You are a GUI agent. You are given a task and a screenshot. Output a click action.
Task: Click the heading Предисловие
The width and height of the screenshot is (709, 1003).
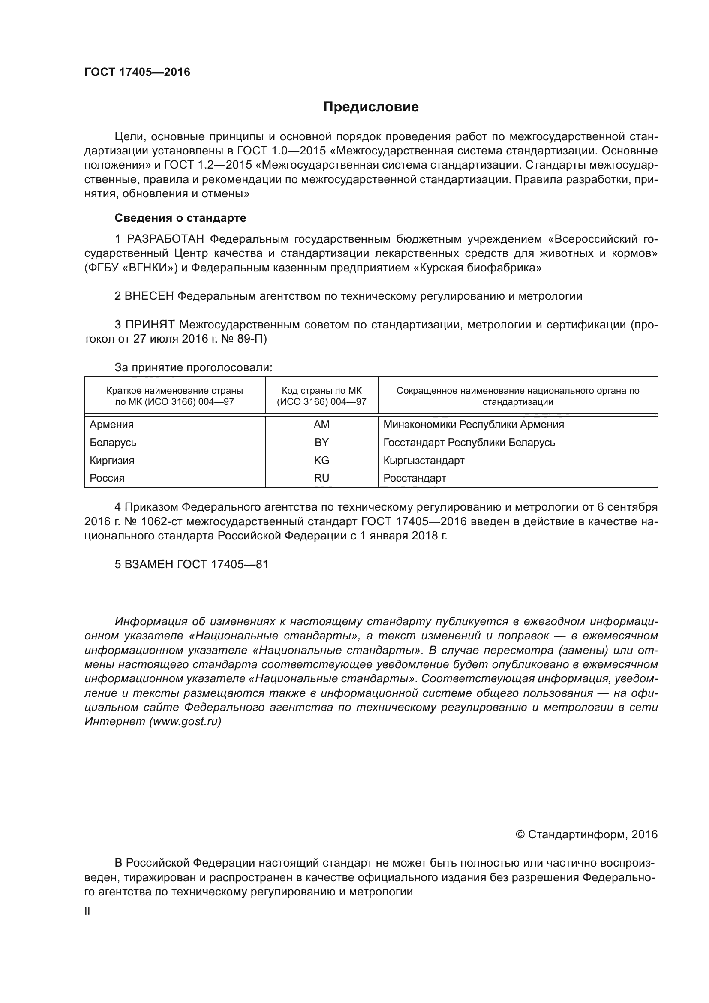[371, 107]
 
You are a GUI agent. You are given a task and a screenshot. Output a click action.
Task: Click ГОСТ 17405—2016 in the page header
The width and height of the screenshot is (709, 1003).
[137, 72]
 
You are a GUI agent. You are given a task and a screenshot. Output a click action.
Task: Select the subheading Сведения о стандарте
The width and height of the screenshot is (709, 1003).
[180, 218]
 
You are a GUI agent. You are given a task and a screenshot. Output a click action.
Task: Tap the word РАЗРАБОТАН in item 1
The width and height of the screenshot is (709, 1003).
[165, 239]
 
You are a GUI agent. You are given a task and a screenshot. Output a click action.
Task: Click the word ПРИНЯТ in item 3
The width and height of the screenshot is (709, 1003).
[150, 325]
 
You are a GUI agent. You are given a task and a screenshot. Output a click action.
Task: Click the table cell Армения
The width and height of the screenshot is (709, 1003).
[112, 425]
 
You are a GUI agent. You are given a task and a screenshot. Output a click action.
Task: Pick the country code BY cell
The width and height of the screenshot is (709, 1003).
[321, 443]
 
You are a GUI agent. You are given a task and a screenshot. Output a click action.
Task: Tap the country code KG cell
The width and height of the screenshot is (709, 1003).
[321, 461]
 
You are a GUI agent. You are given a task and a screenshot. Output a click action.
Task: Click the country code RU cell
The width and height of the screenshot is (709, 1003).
[321, 478]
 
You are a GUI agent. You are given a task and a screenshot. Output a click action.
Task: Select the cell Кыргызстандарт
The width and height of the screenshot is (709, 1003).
[424, 461]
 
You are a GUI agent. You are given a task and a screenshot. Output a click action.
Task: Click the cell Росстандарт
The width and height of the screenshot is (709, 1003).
[415, 478]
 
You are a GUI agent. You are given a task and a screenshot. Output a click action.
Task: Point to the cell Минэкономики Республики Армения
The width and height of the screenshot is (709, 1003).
[473, 425]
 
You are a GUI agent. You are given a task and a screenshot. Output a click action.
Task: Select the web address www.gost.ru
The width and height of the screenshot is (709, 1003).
[185, 721]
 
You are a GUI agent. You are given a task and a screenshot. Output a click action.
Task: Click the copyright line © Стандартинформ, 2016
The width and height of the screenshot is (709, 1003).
[586, 835]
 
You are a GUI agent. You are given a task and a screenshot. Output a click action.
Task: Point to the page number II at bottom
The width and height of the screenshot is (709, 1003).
[87, 912]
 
